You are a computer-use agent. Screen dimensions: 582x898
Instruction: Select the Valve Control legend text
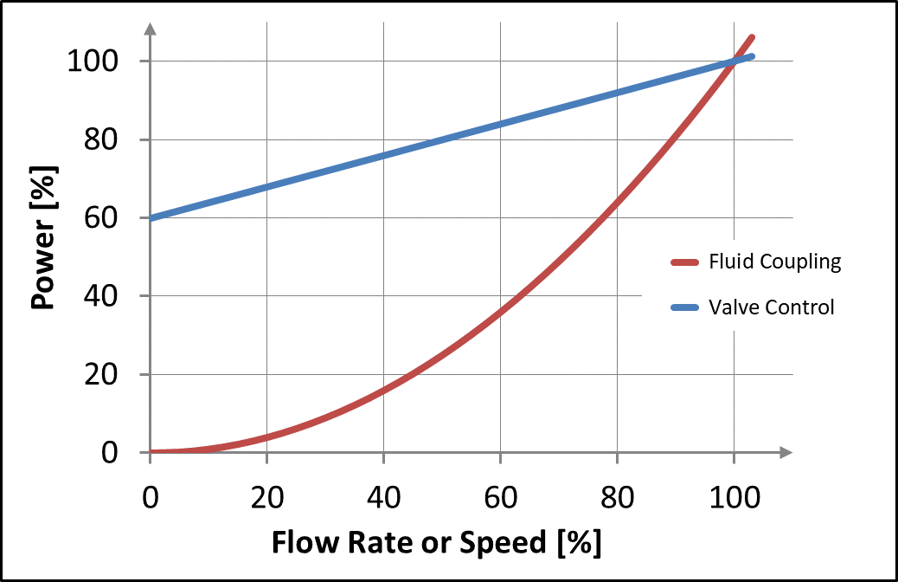[771, 307]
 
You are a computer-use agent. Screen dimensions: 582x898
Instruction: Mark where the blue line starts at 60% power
[152, 217]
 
